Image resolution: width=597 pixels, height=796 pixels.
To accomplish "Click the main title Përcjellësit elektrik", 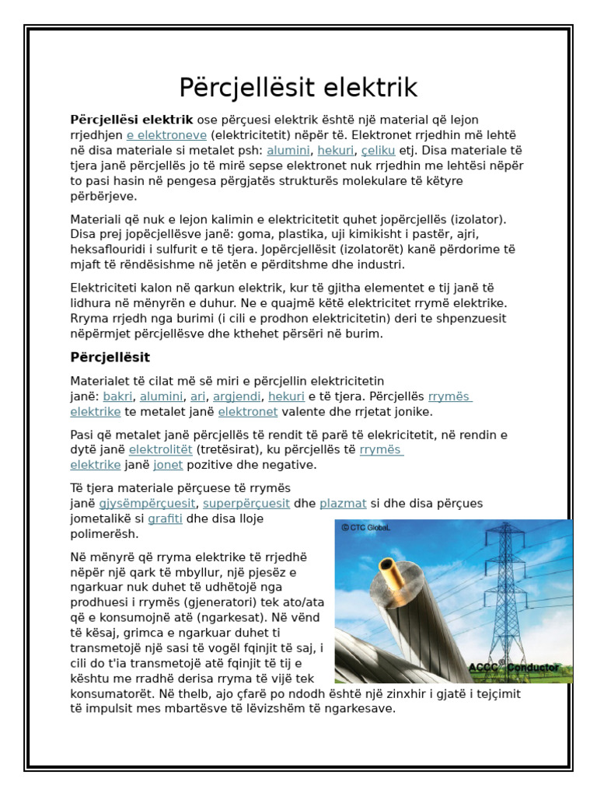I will point(298,86).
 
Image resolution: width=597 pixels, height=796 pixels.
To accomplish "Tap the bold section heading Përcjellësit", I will point(110,357).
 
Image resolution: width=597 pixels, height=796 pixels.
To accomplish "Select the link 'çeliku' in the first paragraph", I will point(379,150).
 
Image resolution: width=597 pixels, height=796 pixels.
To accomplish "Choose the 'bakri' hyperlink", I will point(117,396).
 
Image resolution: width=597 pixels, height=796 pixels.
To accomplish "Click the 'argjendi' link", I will point(237,396).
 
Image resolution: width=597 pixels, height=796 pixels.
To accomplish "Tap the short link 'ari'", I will point(197,396).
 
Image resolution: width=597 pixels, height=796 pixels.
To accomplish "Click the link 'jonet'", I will point(168,465).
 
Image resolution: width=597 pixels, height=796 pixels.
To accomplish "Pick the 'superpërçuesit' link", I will point(246,503).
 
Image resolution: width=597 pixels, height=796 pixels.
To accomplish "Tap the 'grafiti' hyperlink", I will point(165,518).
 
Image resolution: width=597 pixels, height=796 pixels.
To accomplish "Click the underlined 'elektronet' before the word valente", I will point(247,412).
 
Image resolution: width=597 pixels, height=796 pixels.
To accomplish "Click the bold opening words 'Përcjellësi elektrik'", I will point(131,120).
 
